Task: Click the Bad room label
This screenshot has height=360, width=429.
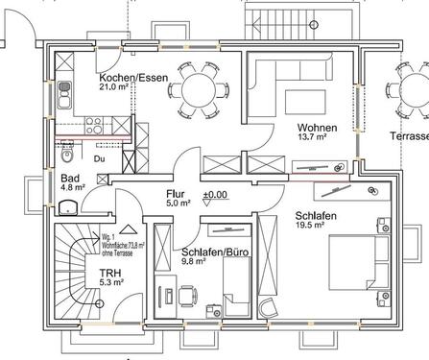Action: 70,179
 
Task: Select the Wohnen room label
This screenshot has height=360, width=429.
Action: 316,128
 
